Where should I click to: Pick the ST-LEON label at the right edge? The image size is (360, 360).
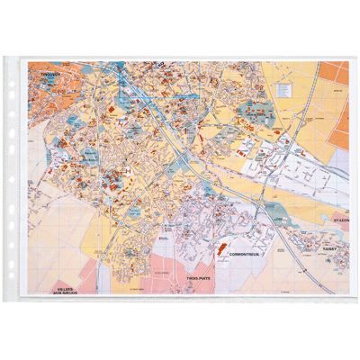pyautogui.click(x=337, y=218)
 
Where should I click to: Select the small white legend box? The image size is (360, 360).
pyautogui.click(x=284, y=87)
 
